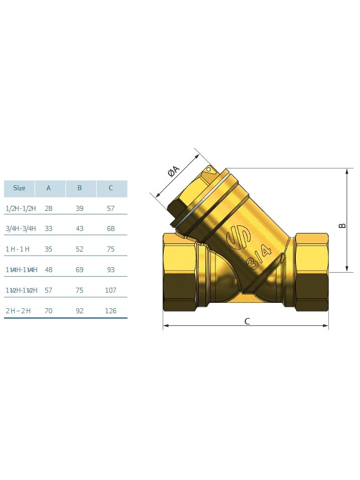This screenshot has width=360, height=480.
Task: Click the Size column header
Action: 19,188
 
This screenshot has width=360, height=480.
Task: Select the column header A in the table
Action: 48,188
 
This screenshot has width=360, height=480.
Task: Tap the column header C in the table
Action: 110,188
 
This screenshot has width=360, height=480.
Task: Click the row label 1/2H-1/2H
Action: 21,208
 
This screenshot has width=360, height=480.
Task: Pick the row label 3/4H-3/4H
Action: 21,228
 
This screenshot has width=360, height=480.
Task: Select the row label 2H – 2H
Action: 19,311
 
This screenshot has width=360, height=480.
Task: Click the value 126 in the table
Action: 110,311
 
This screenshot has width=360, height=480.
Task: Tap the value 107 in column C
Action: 110,290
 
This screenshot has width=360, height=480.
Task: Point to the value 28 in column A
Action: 48,208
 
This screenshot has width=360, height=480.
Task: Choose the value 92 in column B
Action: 79,311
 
